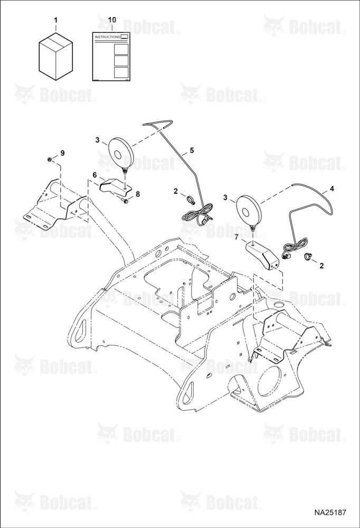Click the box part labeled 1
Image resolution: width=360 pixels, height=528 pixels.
click(56, 56)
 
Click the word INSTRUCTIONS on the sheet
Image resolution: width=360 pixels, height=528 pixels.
click(107, 37)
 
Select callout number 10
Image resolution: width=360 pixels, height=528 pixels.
click(112, 20)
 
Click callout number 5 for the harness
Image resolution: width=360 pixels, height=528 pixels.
click(192, 150)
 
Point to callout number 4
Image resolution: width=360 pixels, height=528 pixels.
click(332, 189)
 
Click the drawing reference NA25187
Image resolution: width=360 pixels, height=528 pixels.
click(330, 513)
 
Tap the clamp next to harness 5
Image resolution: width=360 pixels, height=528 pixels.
click(192, 200)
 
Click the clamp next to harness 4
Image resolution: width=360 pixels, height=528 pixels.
click(308, 257)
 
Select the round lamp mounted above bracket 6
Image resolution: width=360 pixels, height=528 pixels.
click(120, 154)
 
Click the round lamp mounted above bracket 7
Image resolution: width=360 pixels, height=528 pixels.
click(249, 213)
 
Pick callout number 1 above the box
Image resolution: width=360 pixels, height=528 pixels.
click(56, 20)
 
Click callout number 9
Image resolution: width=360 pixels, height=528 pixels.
click(62, 153)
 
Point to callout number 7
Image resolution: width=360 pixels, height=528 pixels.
click(237, 238)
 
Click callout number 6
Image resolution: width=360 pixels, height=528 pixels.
click(94, 175)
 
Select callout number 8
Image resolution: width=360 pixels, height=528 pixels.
click(137, 194)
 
